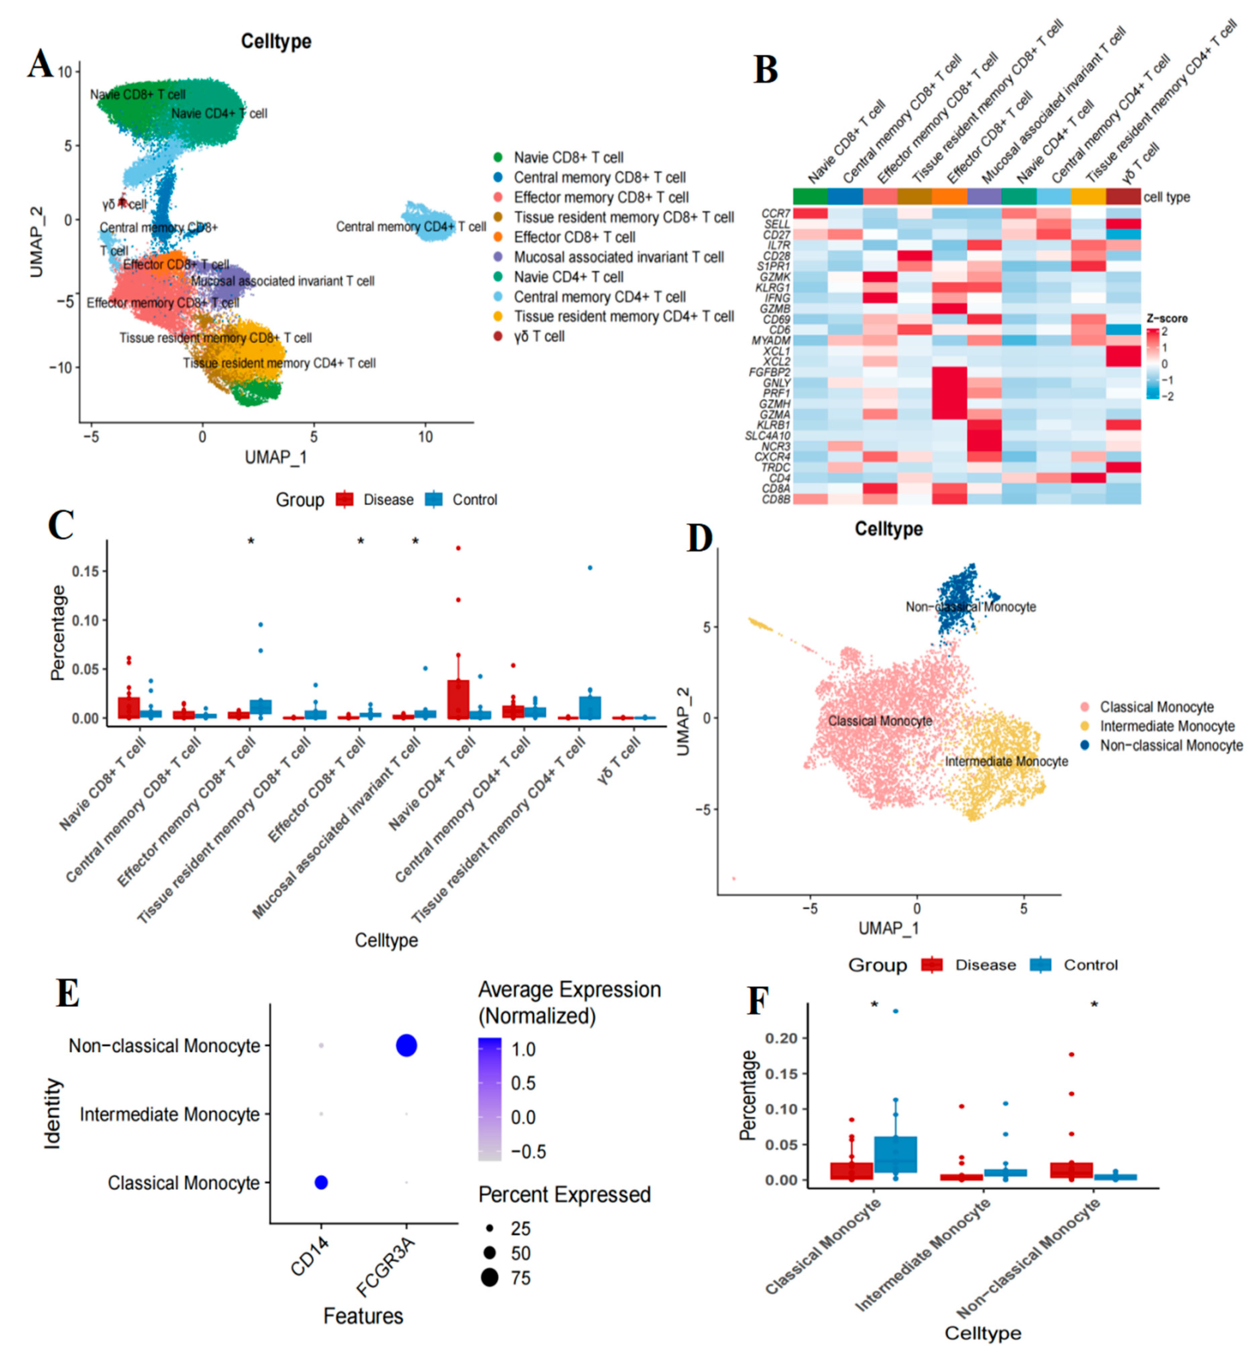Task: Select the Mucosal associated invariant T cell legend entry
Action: (x=618, y=257)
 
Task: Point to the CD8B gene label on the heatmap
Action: (x=776, y=499)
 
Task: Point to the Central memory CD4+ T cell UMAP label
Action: (x=411, y=227)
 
